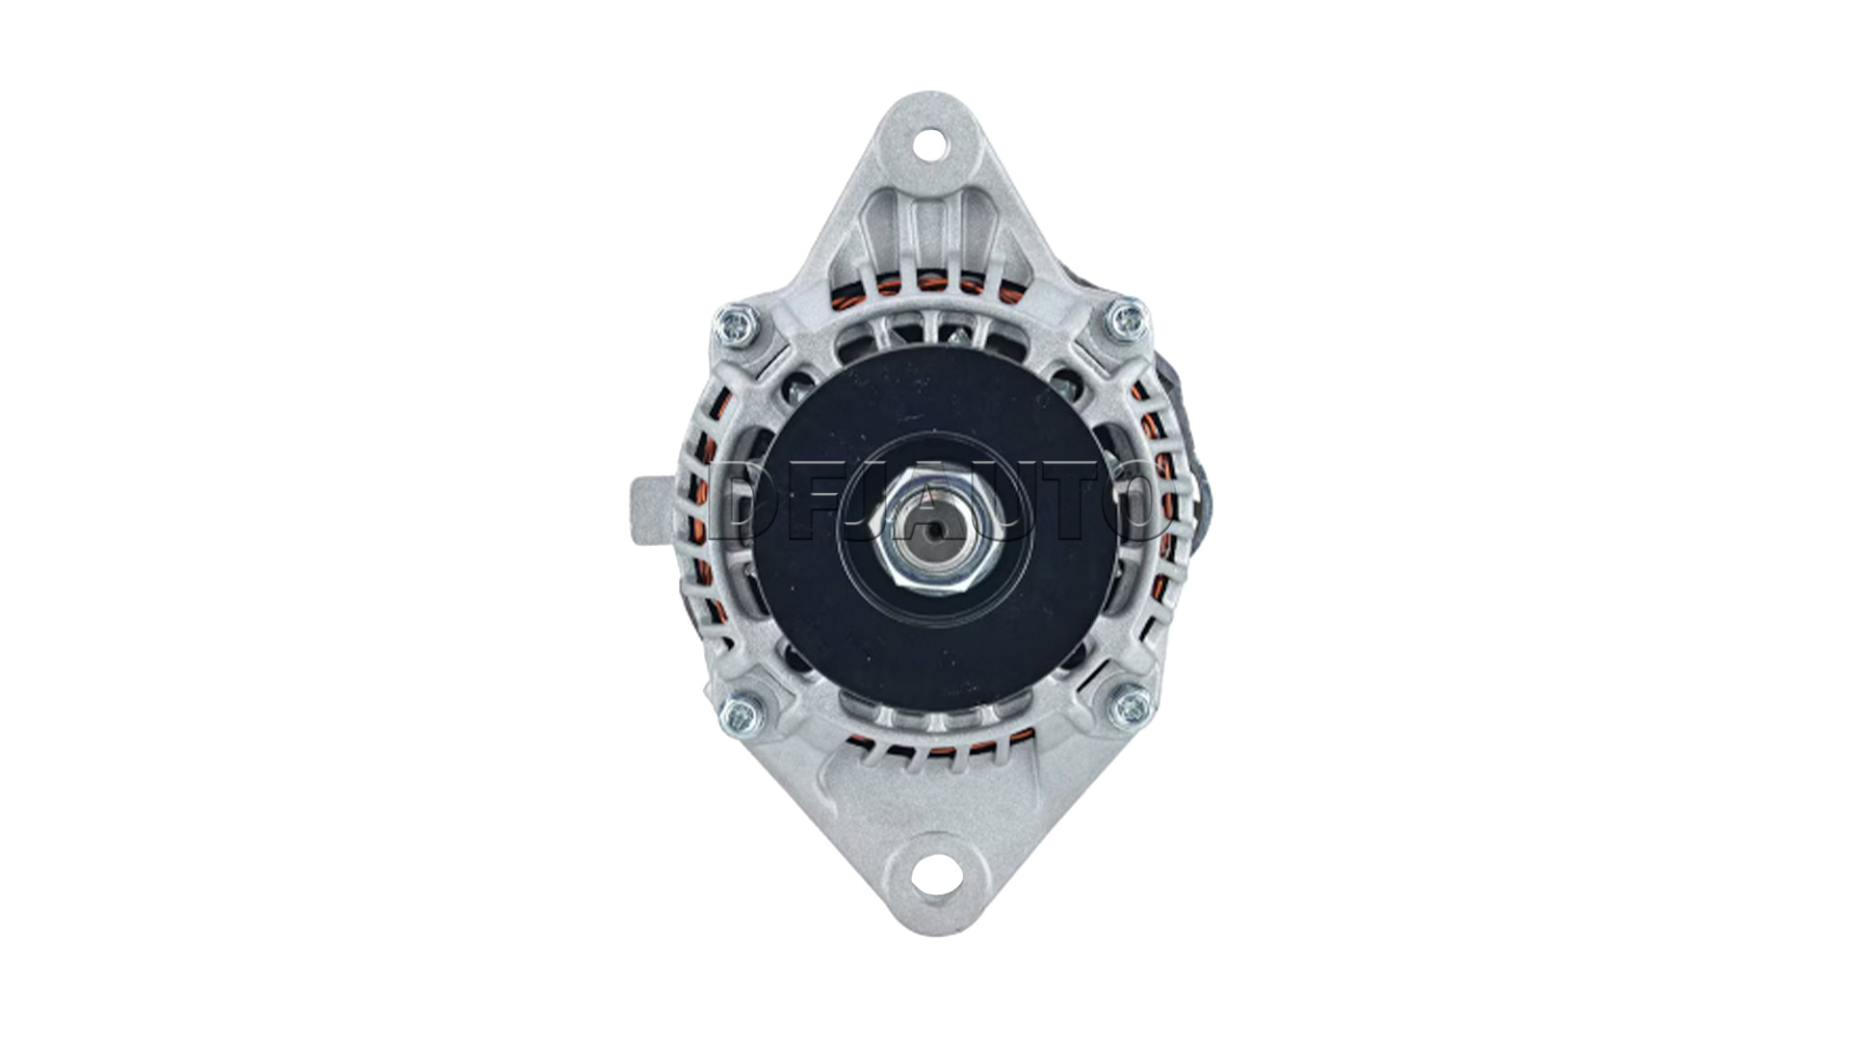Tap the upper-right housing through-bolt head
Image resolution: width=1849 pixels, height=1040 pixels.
(1127, 319)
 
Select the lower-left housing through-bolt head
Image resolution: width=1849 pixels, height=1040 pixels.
(739, 715)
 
